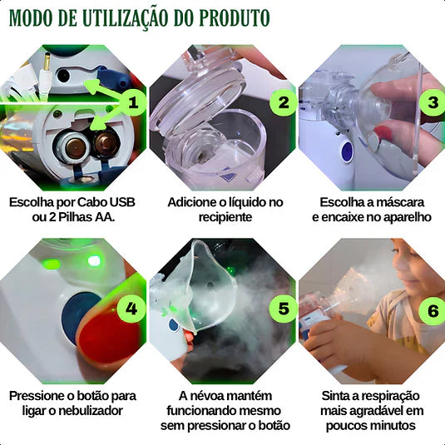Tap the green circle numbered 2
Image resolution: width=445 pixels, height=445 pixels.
tap(284, 102)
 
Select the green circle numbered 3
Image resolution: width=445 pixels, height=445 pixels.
tap(432, 102)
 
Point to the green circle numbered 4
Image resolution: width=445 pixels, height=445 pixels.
tap(131, 309)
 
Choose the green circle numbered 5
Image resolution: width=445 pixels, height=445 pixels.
tap(284, 309)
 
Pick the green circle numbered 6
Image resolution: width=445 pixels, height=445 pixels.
tap(432, 310)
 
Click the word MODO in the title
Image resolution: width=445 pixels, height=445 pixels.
tap(36, 17)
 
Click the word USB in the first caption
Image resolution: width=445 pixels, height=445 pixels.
tap(116, 202)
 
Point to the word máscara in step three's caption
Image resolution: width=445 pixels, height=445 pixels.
tap(403, 202)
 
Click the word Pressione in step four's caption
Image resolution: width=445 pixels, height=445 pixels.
tap(39, 395)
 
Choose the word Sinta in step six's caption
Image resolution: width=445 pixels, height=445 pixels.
tap(339, 395)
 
